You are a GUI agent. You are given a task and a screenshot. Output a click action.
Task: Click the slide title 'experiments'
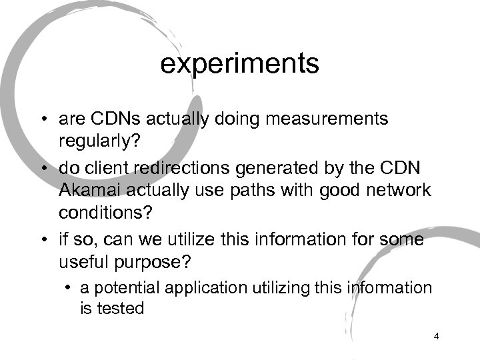240,65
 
